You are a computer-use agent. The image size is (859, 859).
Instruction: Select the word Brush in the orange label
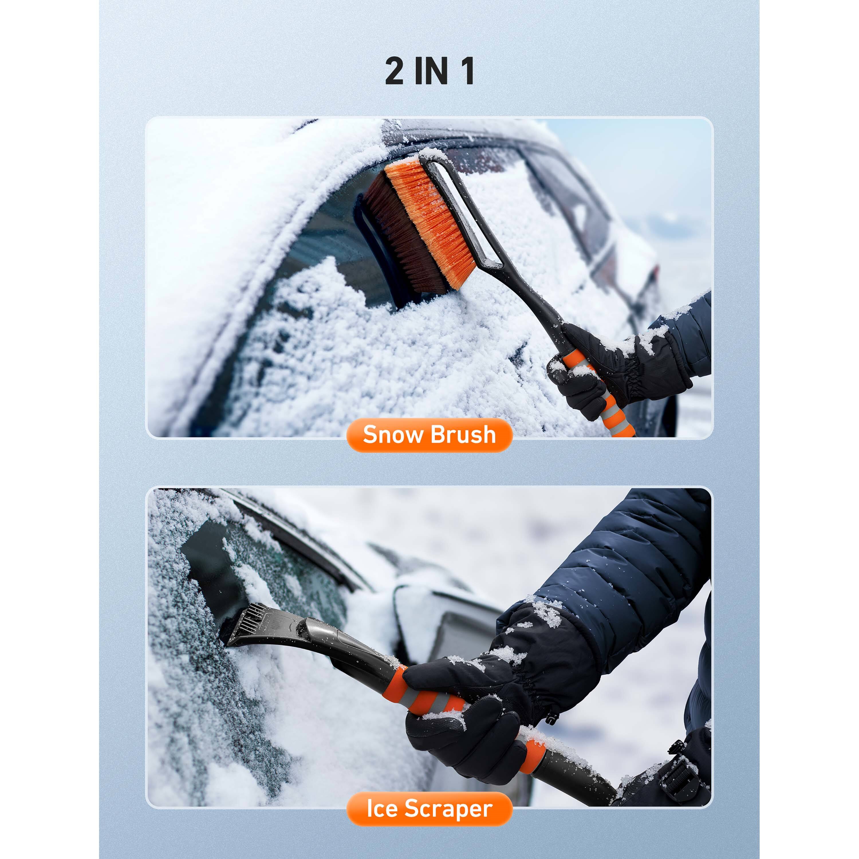pyautogui.click(x=463, y=434)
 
